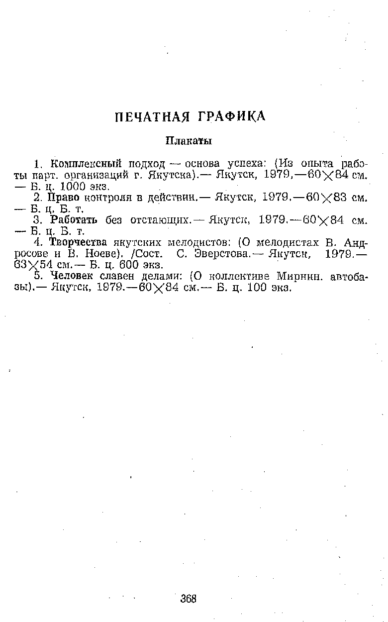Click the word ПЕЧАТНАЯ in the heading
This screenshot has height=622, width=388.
pos(152,117)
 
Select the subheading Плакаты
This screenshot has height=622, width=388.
pos(189,141)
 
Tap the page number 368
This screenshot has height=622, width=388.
pos(189,598)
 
